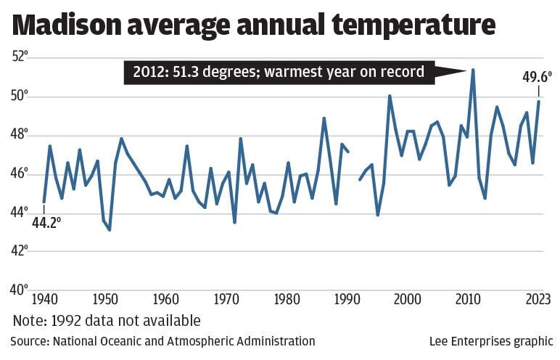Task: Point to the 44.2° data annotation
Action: (45, 224)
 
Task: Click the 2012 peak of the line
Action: (473, 70)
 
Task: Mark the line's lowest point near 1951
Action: (110, 230)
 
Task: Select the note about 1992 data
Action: (106, 320)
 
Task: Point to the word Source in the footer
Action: (29, 341)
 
